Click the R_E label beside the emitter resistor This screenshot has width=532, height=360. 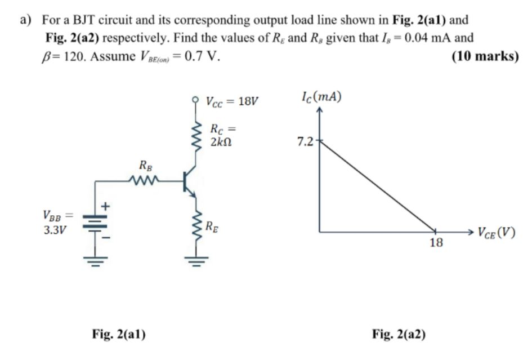point(212,228)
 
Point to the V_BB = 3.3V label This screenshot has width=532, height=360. point(56,222)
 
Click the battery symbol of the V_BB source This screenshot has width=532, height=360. point(90,223)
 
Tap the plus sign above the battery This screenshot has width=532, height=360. point(105,207)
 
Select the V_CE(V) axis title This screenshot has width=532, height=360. point(495,232)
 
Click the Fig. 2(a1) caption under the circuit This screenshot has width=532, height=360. point(119,334)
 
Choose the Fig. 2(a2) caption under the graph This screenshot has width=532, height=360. point(399,334)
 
